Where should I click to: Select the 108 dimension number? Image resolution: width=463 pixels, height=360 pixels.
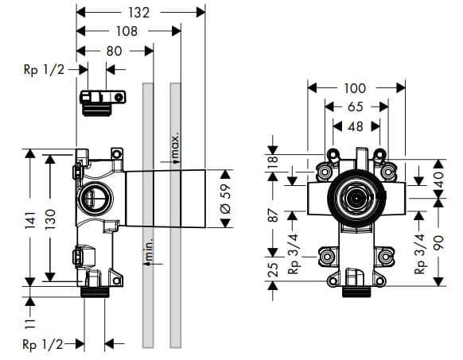126,31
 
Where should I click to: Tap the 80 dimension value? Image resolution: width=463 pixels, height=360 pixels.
115,50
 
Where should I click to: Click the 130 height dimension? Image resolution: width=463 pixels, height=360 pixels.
51,216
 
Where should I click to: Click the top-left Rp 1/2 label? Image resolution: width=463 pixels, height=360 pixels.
43,69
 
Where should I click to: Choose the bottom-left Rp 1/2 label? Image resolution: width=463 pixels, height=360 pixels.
43,343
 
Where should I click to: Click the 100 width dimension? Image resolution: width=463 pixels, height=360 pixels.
354,88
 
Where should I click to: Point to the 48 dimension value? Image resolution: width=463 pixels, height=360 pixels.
354,126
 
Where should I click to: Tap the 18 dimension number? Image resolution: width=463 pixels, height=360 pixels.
272,160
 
